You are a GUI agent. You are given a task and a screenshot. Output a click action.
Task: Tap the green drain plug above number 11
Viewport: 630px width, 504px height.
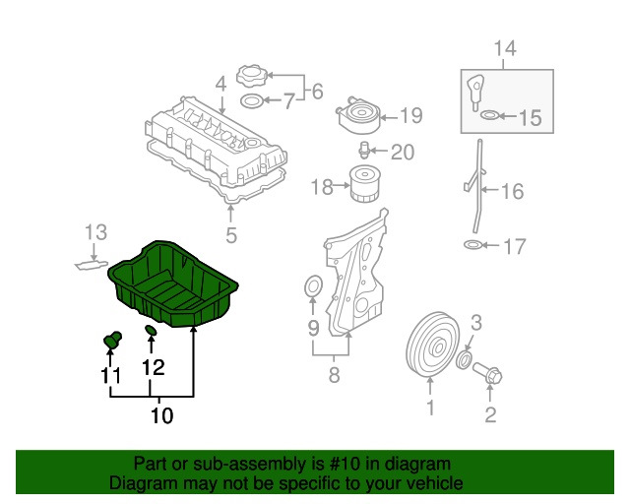point(112,341)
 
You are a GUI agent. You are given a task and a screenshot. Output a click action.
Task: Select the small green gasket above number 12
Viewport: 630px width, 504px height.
point(151,330)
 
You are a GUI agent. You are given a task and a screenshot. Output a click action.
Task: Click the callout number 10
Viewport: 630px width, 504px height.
point(161,415)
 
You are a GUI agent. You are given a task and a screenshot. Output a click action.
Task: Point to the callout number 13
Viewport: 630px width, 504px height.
point(96,232)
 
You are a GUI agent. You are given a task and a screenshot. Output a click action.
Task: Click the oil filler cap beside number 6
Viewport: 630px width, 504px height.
point(252,76)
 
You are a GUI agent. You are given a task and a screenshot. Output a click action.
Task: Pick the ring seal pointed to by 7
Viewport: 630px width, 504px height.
point(252,100)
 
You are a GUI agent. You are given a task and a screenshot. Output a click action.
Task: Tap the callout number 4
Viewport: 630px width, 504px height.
point(220,85)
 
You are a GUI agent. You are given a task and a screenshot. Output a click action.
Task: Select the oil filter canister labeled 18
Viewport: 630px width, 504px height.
point(364,184)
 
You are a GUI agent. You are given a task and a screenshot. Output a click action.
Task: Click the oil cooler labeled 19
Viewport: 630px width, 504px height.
point(358,114)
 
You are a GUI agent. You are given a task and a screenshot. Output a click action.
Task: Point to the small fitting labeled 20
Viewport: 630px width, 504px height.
point(363,151)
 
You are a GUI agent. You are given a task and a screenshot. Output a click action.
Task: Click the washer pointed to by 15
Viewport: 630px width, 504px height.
point(489,115)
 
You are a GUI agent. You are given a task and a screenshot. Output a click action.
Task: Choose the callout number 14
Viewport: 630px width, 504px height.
point(505,48)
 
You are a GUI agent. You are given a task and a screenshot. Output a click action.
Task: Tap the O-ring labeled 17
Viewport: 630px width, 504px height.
point(472,244)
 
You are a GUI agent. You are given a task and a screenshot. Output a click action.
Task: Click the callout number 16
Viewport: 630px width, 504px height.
point(512,191)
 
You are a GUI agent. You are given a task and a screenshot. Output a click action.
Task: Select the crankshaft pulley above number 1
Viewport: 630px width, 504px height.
point(433,345)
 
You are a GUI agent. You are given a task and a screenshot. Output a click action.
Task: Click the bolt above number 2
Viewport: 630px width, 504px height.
point(488,373)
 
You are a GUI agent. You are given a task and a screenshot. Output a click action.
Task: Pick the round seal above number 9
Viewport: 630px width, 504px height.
point(313,287)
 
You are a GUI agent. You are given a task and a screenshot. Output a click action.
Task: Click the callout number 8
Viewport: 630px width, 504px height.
point(335,375)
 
